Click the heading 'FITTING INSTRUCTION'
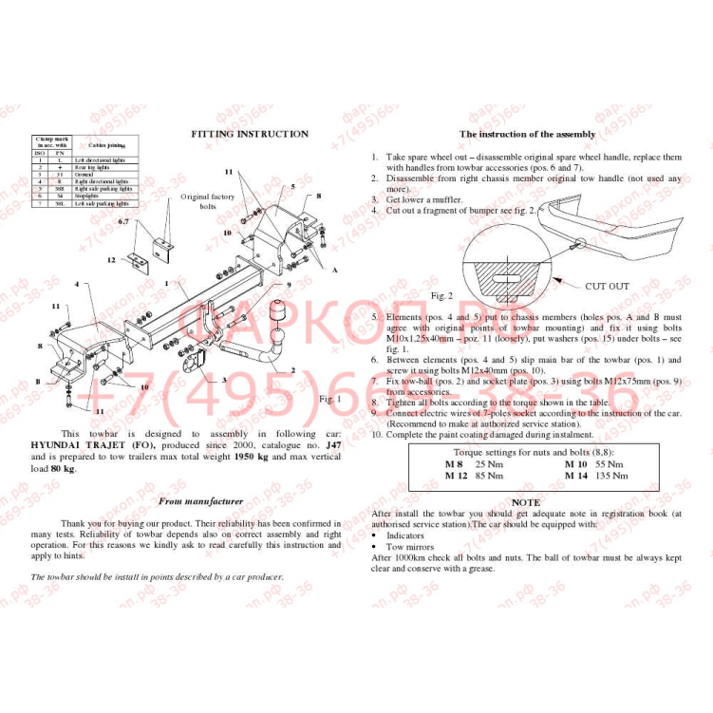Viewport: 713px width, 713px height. click(250, 134)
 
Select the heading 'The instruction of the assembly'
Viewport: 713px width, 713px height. click(527, 135)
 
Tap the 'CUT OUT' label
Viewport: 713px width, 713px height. click(607, 286)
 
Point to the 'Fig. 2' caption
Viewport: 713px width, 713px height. click(442, 296)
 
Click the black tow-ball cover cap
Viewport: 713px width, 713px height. click(280, 314)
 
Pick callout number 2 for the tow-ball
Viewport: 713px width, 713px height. click(292, 371)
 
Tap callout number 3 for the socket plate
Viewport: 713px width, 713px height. click(224, 379)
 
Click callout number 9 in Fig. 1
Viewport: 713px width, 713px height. click(289, 285)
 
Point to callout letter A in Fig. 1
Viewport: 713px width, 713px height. click(334, 271)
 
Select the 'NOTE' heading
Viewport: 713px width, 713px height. click(526, 502)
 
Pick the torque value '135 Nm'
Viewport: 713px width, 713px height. click(611, 475)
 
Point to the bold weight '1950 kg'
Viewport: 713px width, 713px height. click(252, 457)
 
